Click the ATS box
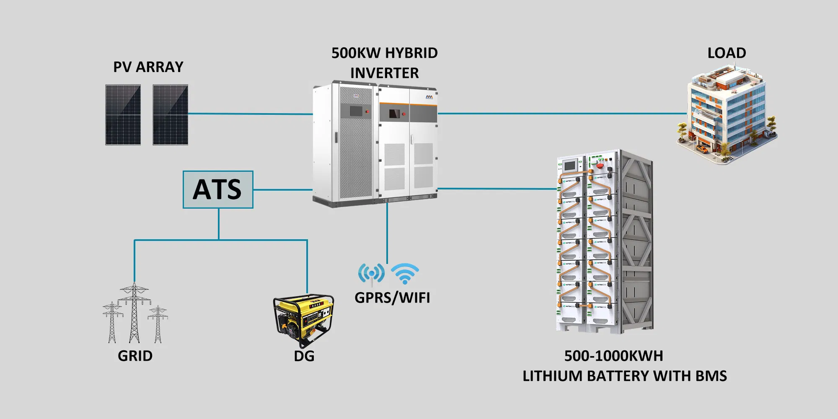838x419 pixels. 218,189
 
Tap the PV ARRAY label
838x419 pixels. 148,67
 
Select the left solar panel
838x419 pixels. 123,115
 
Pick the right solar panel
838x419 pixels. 170,115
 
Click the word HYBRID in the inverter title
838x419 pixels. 411,53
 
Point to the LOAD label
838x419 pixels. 727,53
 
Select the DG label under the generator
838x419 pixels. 304,356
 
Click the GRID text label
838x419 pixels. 135,356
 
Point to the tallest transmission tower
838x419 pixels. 134,312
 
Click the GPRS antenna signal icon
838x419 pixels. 371,274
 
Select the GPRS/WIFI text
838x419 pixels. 392,298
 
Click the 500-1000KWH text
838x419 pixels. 613,356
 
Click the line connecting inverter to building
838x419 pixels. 561,113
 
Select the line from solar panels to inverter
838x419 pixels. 250,114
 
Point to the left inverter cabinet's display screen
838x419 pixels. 356,111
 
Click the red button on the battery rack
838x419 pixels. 600,165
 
